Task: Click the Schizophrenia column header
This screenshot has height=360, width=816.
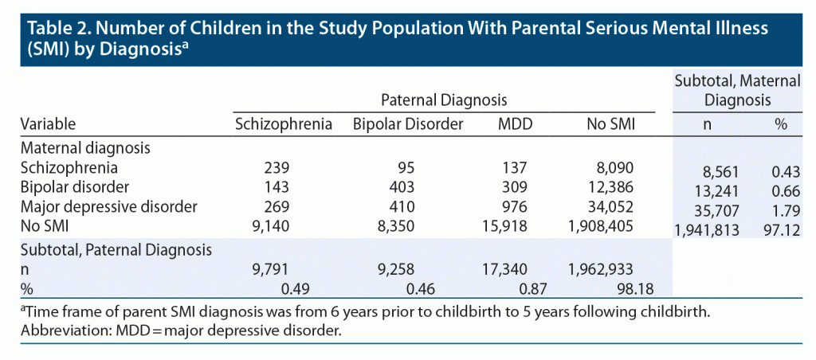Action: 283,124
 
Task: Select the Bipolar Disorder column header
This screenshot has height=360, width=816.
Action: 407,124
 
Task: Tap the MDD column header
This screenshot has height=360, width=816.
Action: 510,124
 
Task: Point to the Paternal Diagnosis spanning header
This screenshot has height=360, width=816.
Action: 444,100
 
